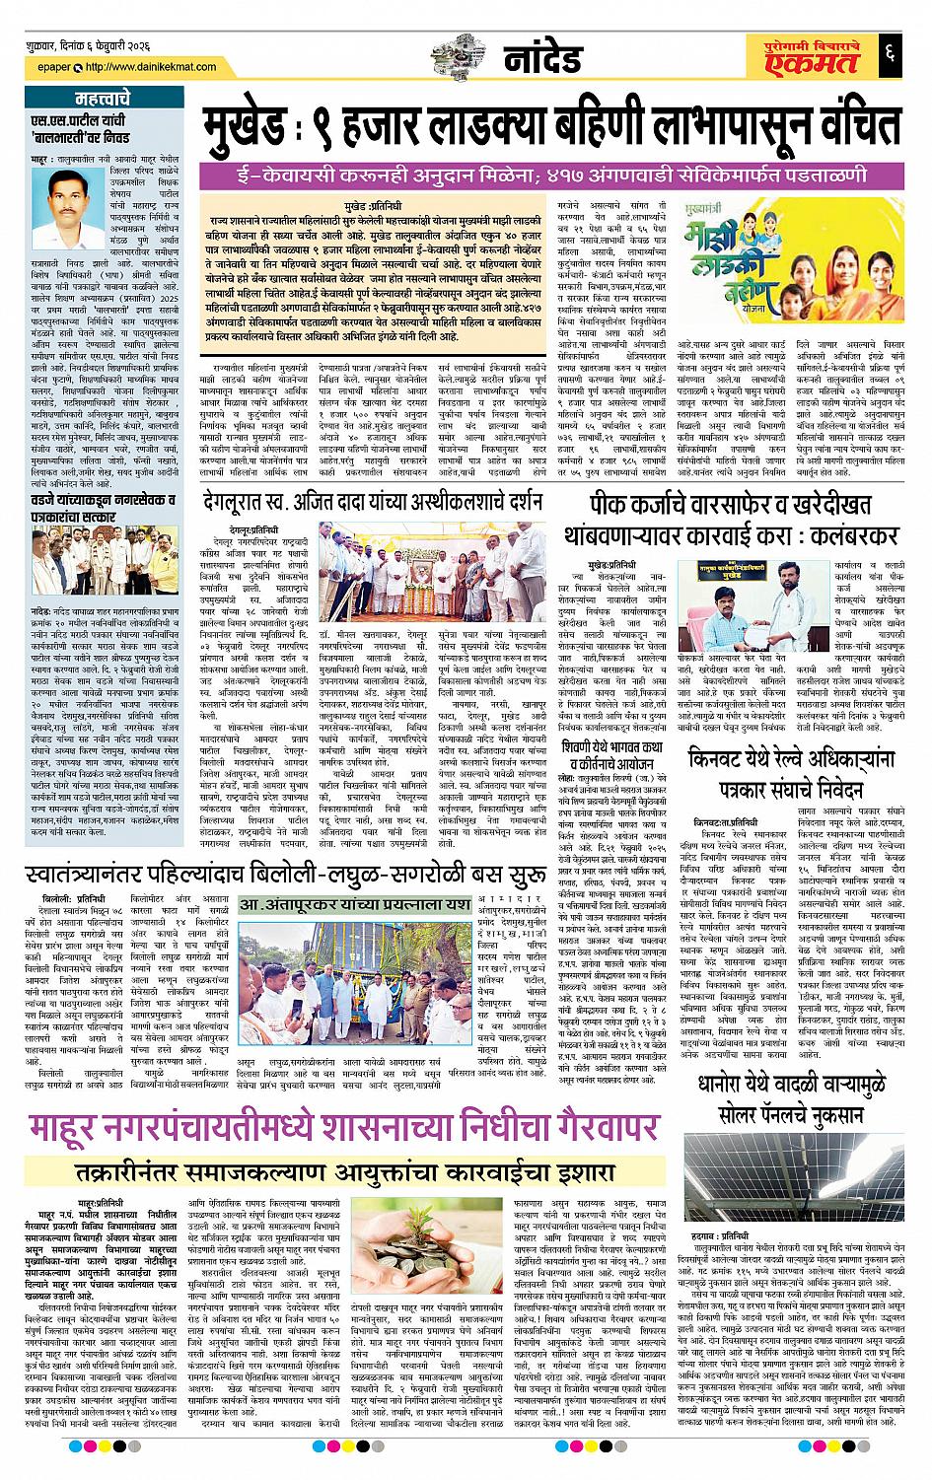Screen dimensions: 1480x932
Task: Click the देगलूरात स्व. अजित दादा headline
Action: pos(375,503)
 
